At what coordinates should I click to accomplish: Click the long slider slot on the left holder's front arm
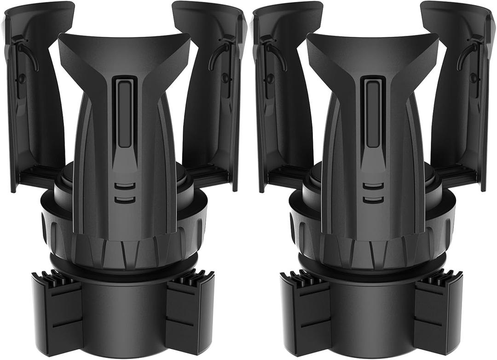pos(124,112)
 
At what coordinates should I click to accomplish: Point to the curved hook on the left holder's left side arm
pos(29,53)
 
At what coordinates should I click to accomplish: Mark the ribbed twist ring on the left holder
pos(123,240)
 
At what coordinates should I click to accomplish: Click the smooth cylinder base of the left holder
pos(123,317)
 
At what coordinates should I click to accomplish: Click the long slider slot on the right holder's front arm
pos(372,112)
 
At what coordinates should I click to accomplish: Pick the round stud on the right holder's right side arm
pos(473,79)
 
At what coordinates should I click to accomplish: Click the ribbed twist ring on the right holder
pos(372,240)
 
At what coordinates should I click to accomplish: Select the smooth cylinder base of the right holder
pos(372,317)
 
